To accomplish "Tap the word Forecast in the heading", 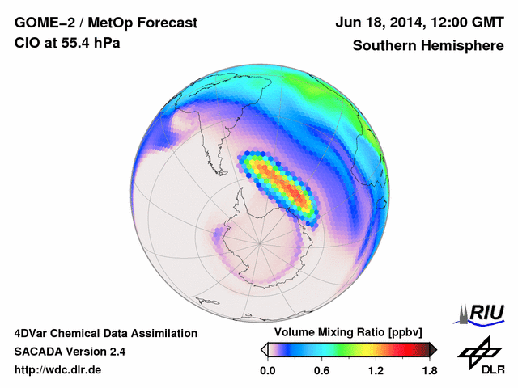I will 166,23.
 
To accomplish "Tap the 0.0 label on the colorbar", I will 267,370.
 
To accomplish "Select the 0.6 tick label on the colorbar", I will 321,370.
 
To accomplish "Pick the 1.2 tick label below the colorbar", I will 376,370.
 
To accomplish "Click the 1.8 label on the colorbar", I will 429,370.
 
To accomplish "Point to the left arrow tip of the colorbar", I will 264,349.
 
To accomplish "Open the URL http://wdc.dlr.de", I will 58,370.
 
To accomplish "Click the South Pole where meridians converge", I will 260,241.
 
